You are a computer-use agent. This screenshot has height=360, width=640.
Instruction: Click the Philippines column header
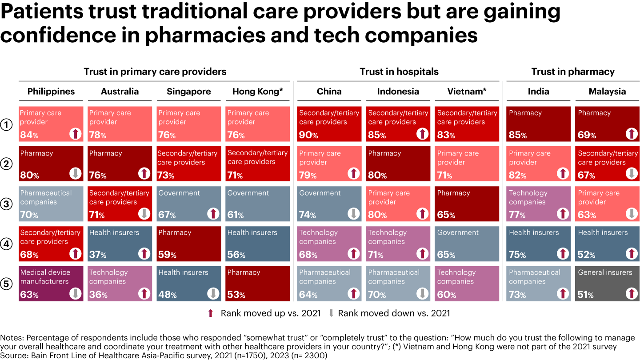(x=51, y=92)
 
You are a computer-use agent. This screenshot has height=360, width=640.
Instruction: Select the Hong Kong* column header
(x=257, y=92)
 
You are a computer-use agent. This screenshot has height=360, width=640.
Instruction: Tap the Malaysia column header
(x=607, y=92)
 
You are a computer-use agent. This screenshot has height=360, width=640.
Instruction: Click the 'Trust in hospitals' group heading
(x=399, y=72)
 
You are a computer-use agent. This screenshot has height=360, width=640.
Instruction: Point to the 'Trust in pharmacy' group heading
(x=572, y=72)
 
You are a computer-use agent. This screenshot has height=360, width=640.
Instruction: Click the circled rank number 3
(x=7, y=204)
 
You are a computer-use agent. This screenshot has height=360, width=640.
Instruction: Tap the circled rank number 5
(x=7, y=284)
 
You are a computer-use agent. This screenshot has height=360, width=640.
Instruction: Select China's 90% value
(x=308, y=135)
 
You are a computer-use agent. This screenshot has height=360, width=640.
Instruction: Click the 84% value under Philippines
(x=29, y=135)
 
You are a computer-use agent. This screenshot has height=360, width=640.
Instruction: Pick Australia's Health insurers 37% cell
(x=120, y=244)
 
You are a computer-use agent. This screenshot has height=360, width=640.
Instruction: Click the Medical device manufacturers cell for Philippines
(x=51, y=284)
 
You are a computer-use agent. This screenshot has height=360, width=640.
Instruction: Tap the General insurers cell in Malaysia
(x=607, y=284)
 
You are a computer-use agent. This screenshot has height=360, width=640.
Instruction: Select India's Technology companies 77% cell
(x=538, y=204)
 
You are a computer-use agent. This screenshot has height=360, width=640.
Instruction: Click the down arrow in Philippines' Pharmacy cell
(x=75, y=174)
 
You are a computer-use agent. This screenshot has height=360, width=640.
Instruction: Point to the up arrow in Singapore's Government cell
(x=213, y=214)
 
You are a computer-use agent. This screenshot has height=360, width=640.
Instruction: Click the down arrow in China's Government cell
(x=353, y=214)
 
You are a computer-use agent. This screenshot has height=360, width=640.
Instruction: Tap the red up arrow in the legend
(x=211, y=313)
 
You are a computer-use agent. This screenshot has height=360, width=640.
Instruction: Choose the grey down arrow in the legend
(x=331, y=313)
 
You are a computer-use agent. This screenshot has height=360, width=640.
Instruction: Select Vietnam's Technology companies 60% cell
(x=467, y=284)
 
